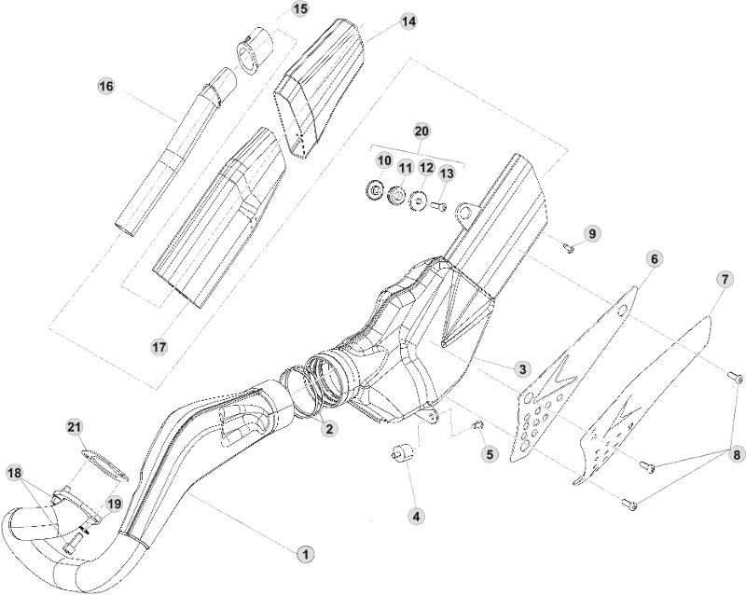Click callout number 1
[x=303, y=553]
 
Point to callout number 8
[x=738, y=455]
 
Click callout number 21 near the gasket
[x=75, y=426]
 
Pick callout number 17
[x=159, y=346]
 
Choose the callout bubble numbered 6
[x=653, y=257]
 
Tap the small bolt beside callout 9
[x=569, y=246]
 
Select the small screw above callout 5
[x=478, y=424]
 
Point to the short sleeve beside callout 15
[x=253, y=50]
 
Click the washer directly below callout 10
[x=374, y=192]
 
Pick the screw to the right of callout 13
[x=441, y=206]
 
